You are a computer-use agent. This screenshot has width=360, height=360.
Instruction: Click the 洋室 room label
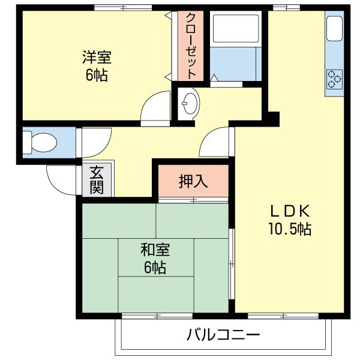click(x=97, y=58)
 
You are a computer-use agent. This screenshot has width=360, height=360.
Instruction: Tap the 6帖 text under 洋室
click(x=97, y=76)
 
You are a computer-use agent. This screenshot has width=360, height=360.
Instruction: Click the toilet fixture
click(x=39, y=143)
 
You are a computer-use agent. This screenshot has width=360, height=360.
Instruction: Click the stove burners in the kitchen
click(x=334, y=78)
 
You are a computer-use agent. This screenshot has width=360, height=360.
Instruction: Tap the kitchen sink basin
click(x=334, y=28)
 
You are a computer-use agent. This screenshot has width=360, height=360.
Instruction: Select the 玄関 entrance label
click(x=97, y=179)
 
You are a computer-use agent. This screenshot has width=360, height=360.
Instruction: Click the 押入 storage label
click(x=193, y=181)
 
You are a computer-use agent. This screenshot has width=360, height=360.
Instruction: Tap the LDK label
click(x=289, y=211)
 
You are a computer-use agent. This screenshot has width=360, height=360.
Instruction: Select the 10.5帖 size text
click(x=289, y=229)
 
